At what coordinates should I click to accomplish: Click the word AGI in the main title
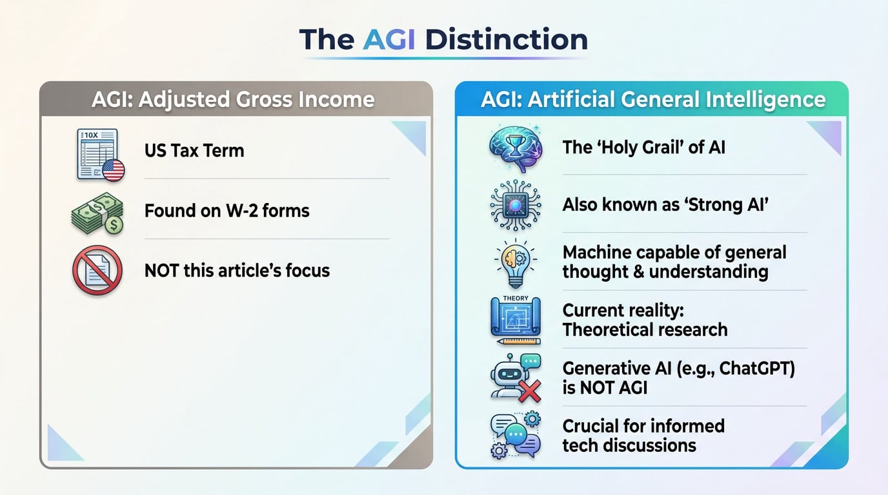pyautogui.click(x=389, y=39)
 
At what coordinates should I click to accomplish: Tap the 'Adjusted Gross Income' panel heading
pyautogui.click(x=233, y=99)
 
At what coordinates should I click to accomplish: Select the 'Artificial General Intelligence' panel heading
pyautogui.click(x=652, y=99)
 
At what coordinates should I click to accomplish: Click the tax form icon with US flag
pyautogui.click(x=99, y=154)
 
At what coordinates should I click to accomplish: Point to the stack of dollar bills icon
pyautogui.click(x=97, y=213)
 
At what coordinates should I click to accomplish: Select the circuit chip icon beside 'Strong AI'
pyautogui.click(x=514, y=206)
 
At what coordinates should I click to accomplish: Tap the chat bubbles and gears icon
pyautogui.click(x=514, y=436)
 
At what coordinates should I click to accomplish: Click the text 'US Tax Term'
pyautogui.click(x=194, y=151)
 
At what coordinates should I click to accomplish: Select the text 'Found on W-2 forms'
pyautogui.click(x=227, y=211)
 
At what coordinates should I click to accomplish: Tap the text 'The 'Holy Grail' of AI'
pyautogui.click(x=643, y=147)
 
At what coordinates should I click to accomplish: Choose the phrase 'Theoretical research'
pyautogui.click(x=645, y=330)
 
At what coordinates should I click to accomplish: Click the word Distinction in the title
pyautogui.click(x=506, y=39)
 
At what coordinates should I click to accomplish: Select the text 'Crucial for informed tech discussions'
pyautogui.click(x=643, y=436)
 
